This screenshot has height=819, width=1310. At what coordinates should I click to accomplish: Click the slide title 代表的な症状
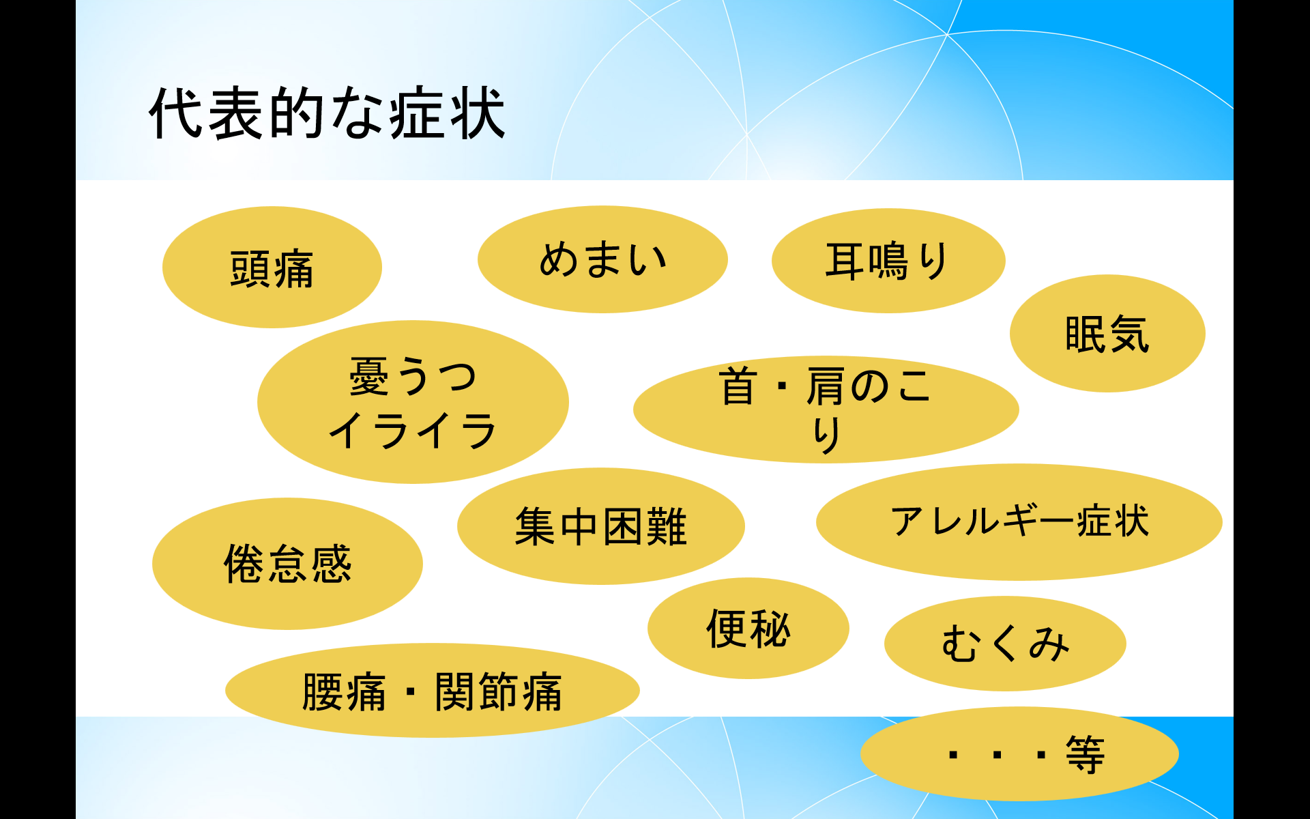[x=327, y=113]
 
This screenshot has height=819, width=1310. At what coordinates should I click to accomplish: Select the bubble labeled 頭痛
[x=272, y=267]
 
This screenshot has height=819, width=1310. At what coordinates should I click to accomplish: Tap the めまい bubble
[x=602, y=259]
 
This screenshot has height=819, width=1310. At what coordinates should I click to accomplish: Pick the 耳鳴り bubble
[x=888, y=261]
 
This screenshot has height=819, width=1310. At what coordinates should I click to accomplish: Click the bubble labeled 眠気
[x=1107, y=333]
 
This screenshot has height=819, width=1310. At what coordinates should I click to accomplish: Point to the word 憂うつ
[x=413, y=376]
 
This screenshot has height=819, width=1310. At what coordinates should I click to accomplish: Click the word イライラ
[x=413, y=430]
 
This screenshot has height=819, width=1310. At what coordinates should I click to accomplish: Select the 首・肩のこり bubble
[x=826, y=409]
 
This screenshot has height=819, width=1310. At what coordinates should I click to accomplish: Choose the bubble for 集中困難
[x=600, y=526]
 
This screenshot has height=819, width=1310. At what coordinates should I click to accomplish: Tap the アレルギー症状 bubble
[x=1019, y=522]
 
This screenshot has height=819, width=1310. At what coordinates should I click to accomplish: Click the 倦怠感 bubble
[x=287, y=564]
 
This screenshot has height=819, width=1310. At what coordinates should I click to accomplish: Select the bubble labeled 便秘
[x=748, y=629]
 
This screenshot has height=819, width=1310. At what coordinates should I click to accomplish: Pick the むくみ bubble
[x=1005, y=644]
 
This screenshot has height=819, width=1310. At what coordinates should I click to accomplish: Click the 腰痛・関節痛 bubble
[x=432, y=691]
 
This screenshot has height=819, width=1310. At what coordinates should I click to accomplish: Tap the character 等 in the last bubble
[x=1085, y=754]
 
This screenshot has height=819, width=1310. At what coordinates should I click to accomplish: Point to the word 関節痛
[x=498, y=691]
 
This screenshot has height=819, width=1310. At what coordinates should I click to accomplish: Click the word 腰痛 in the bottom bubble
[x=344, y=691]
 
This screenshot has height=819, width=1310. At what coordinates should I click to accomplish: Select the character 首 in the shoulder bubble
[x=738, y=386]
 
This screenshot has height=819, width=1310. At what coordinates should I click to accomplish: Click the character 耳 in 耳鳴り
[x=845, y=261]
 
